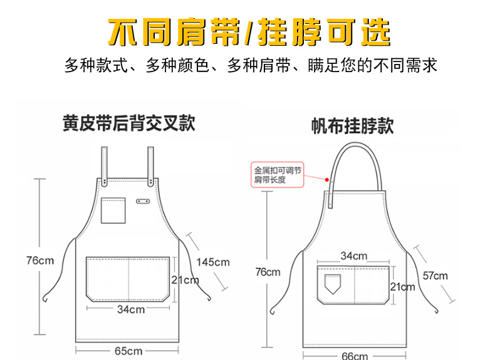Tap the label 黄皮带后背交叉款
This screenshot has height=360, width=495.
[128, 123]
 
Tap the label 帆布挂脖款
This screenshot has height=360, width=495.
[352, 126]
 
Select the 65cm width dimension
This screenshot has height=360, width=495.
[128, 351]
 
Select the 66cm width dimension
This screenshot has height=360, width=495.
[355, 356]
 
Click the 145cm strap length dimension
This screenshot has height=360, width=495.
[213, 262]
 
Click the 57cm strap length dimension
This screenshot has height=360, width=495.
[435, 275]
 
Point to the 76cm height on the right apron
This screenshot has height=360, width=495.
[268, 272]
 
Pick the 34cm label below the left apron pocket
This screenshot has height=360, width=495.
[131, 309]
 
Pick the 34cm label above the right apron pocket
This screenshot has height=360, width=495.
[354, 256]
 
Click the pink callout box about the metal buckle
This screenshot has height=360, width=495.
[277, 174]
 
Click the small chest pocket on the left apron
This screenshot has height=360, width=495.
[113, 210]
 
